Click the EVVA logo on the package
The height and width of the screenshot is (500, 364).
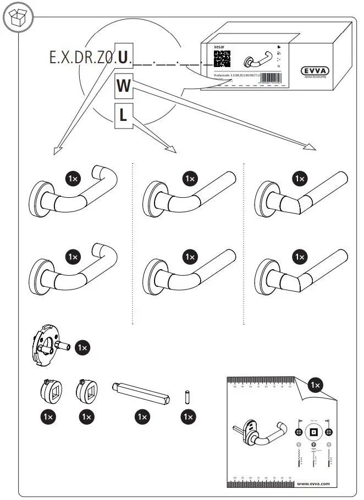click(318, 70)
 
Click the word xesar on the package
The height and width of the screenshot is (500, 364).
click(219, 47)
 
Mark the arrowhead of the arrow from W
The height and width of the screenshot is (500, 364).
click(312, 147)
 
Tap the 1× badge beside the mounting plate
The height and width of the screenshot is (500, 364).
click(82, 348)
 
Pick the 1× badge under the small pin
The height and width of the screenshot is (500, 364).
click(187, 417)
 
